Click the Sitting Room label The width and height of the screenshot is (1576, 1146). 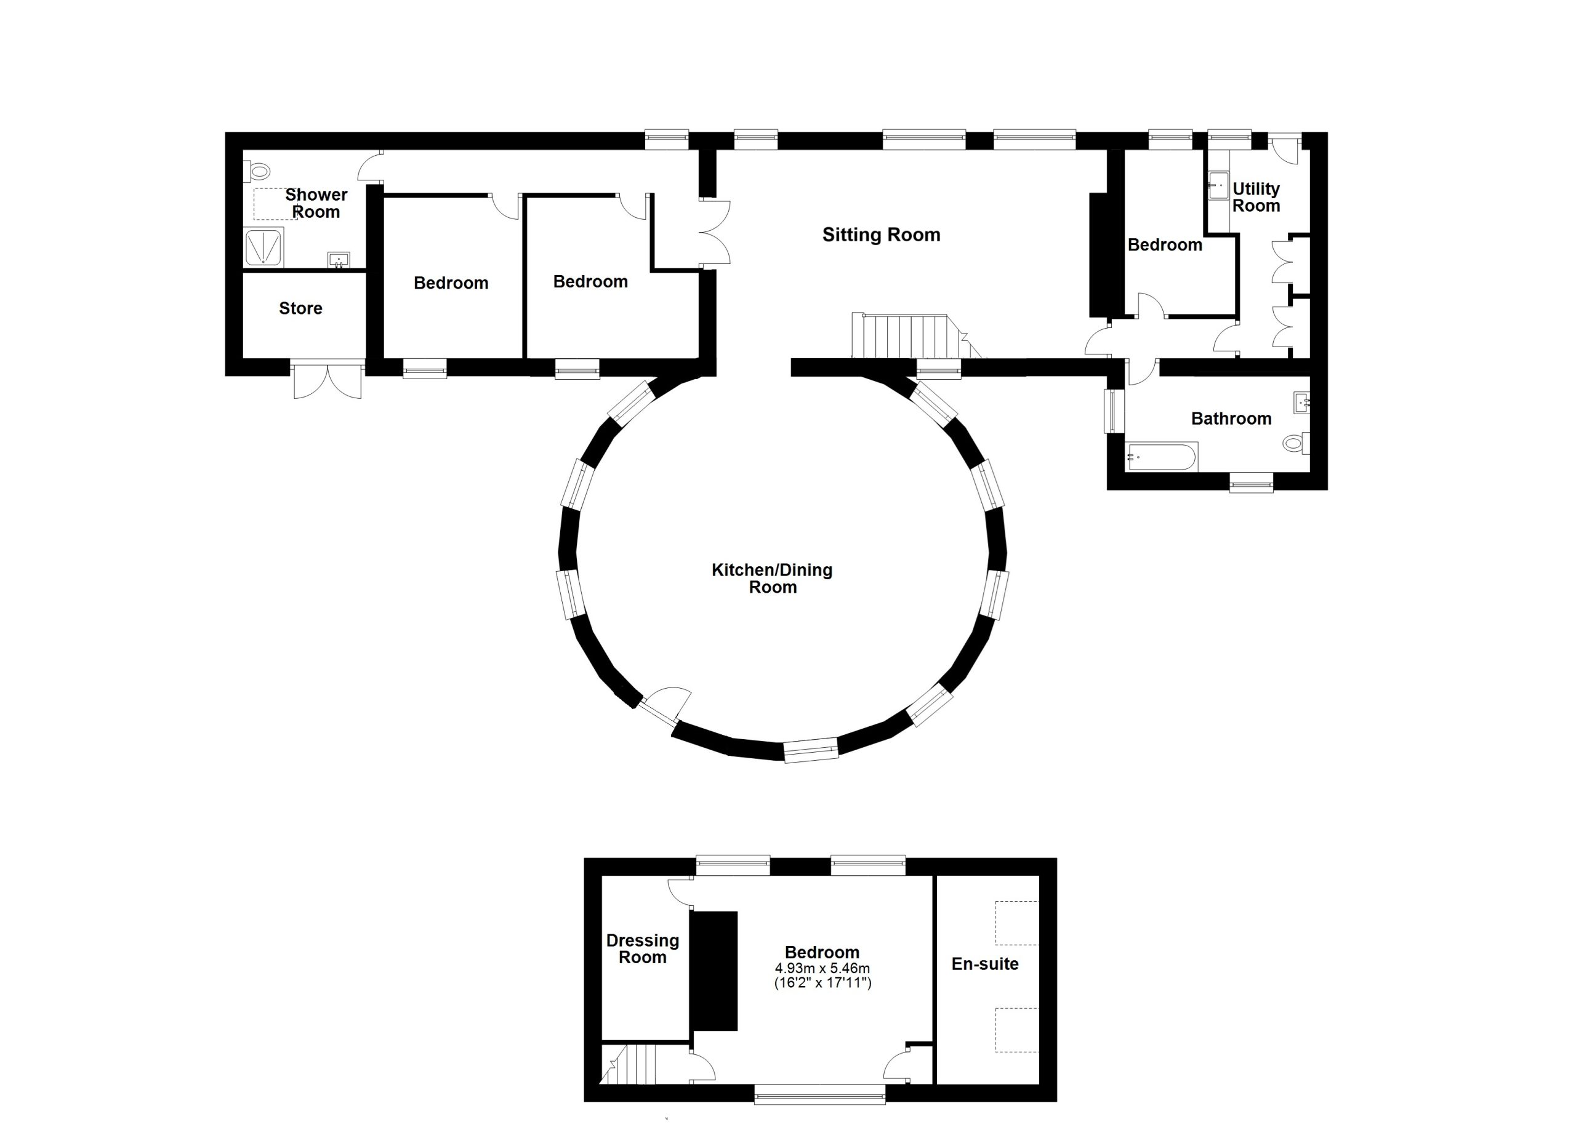[881, 234]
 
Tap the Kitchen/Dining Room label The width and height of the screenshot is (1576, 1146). [772, 579]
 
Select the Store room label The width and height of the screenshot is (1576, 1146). [301, 308]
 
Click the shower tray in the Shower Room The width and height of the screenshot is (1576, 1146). [264, 247]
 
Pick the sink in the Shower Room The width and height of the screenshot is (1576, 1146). [339, 260]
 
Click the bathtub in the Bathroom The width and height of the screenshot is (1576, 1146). [1161, 457]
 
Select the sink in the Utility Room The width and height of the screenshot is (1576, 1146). [1218, 186]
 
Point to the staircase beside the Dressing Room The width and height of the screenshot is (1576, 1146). [630, 1065]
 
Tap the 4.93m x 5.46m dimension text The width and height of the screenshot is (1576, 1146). [822, 968]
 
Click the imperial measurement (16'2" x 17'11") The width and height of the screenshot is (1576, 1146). [822, 983]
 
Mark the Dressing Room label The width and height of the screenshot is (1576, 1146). [643, 949]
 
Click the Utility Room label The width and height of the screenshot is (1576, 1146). [1256, 197]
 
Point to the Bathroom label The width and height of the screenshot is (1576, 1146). [1231, 419]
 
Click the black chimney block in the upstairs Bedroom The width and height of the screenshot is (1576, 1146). [714, 971]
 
